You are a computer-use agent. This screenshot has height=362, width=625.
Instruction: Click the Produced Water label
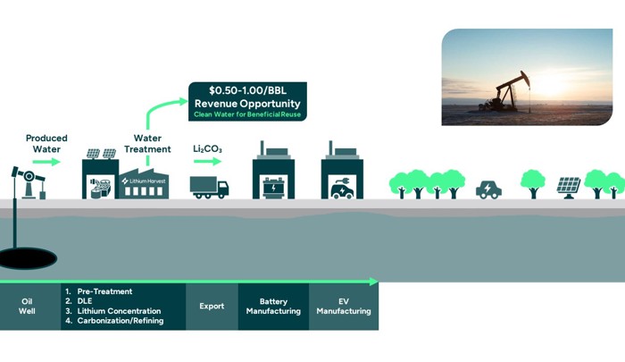coord(46,144)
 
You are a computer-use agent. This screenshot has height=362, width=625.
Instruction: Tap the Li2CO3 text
coord(207,147)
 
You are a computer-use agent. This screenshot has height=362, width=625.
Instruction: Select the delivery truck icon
coord(210,187)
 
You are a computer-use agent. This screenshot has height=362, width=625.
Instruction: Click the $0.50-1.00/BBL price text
coord(247,91)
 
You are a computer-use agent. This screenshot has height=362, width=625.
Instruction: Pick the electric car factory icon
coord(344,173)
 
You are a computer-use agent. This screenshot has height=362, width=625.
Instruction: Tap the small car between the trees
coord(488,189)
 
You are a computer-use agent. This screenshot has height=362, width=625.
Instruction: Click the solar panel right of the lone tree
coord(569,186)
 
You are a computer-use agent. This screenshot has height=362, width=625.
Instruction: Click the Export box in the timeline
coord(212,307)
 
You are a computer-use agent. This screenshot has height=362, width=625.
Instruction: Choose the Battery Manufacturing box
coord(273,307)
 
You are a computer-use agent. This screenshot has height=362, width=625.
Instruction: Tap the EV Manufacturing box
coord(344,307)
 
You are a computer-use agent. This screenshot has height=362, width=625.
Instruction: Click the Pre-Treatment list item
coord(104,291)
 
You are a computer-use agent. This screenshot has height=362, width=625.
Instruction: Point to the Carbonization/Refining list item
coord(119,321)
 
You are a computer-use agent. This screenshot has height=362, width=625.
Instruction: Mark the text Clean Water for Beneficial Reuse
coord(247,114)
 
